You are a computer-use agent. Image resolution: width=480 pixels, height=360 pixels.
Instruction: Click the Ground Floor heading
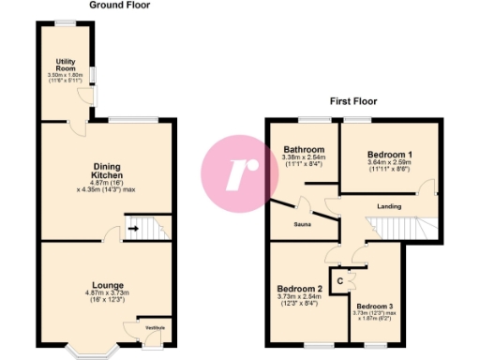(x=119, y=6)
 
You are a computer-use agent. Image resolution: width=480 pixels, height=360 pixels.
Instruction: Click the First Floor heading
(x=352, y=101)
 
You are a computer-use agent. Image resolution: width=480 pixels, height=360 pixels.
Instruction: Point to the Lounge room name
(x=107, y=285)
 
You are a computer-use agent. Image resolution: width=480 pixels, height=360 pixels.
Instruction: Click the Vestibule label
(x=154, y=326)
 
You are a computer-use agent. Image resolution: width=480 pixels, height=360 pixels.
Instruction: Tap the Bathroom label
(x=306, y=150)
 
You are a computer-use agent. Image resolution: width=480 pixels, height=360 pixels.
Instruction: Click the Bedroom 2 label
(x=300, y=288)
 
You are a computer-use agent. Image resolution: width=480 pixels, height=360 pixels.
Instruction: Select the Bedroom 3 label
(x=374, y=306)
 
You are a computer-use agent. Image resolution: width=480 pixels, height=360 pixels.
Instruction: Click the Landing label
(x=389, y=205)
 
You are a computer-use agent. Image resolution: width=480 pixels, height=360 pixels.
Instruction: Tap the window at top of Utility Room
(x=65, y=22)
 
